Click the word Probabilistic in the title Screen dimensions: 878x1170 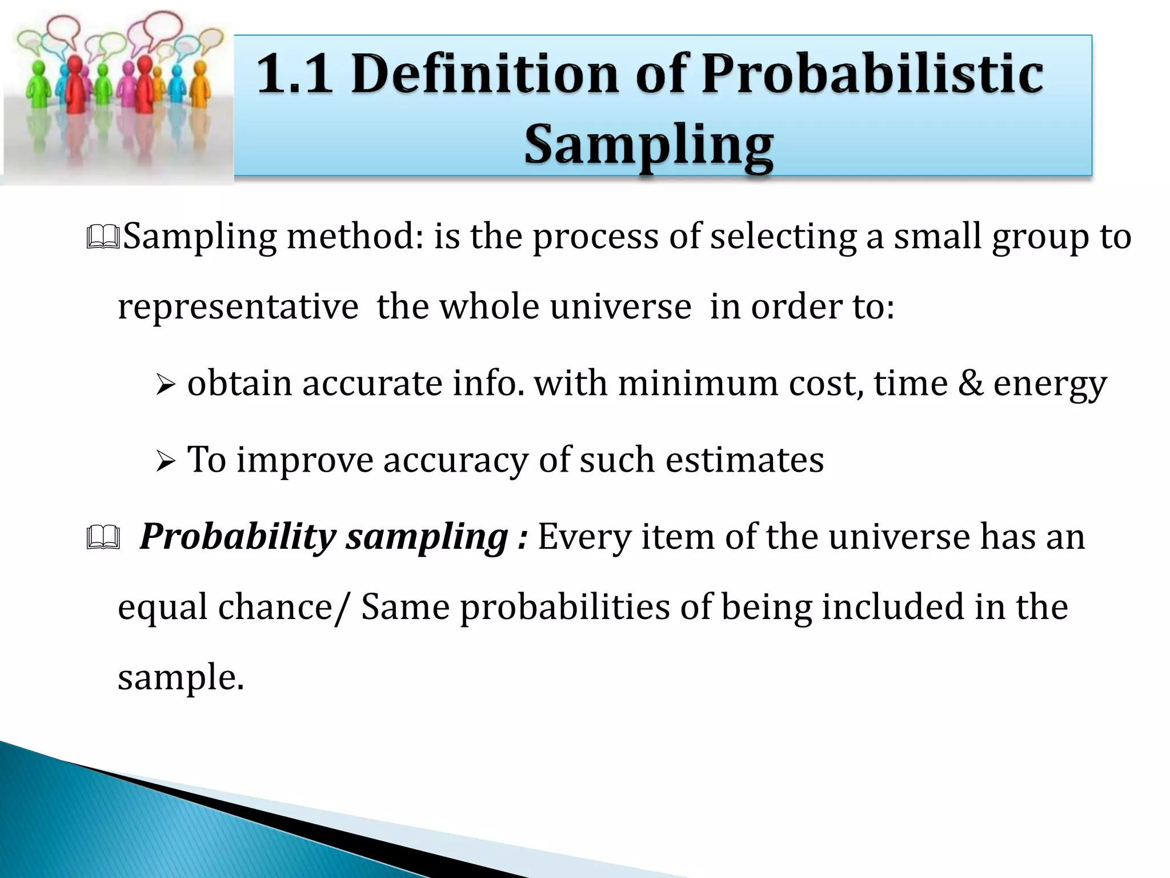[x=872, y=74]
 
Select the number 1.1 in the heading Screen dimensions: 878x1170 [x=295, y=74]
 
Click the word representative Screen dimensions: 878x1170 [x=238, y=308]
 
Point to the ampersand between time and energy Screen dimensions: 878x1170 [x=971, y=383]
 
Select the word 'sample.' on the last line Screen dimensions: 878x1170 [x=181, y=678]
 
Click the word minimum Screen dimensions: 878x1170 [x=698, y=383]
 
